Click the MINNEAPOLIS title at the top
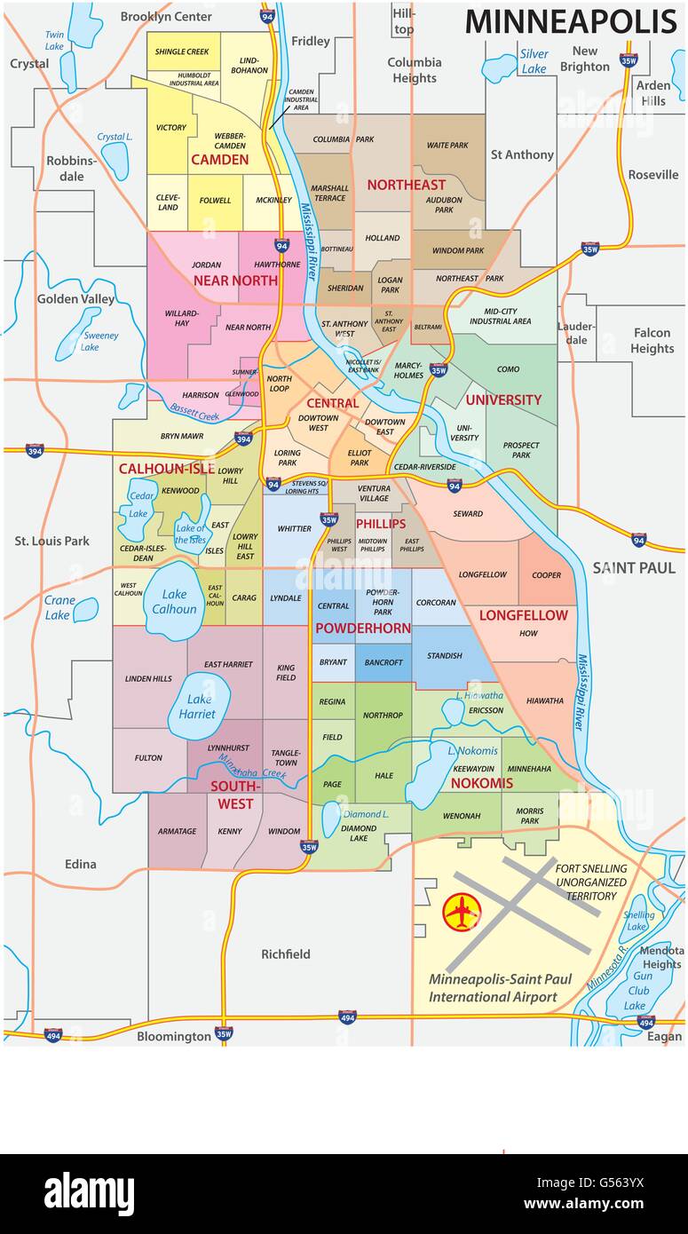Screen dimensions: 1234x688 click(x=571, y=21)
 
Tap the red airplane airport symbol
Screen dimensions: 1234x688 click(x=462, y=912)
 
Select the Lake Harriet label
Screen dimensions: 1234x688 click(x=197, y=706)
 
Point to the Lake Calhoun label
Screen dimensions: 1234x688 click(x=175, y=601)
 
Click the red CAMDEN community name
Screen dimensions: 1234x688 click(x=219, y=160)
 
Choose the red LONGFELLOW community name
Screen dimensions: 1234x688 click(x=523, y=615)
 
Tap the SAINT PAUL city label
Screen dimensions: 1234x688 click(x=634, y=567)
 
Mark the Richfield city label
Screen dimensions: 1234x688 click(x=286, y=954)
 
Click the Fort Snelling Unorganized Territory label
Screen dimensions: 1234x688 click(x=591, y=882)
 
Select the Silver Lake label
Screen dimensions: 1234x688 click(x=534, y=61)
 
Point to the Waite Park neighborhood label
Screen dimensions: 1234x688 click(x=447, y=145)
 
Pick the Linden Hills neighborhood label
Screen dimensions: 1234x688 click(x=149, y=679)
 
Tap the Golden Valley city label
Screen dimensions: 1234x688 click(x=75, y=299)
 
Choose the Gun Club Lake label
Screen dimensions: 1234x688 click(x=638, y=990)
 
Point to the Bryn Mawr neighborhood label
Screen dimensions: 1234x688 click(x=182, y=437)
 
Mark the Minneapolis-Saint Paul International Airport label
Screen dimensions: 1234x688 click(x=501, y=988)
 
